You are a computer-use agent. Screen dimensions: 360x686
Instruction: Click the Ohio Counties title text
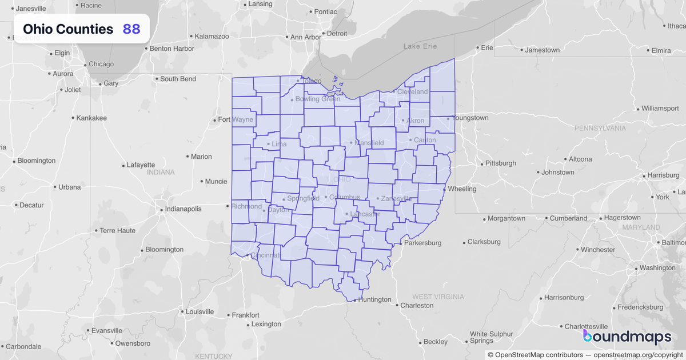[x=68, y=29]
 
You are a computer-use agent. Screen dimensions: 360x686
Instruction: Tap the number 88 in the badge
[x=131, y=29]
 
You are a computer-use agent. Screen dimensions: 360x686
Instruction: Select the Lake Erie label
[x=420, y=46]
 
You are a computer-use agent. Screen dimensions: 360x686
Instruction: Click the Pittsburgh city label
[x=500, y=163]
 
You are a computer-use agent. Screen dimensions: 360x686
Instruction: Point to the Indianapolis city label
[x=184, y=209]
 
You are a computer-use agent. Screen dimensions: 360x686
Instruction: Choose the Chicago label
[x=101, y=64]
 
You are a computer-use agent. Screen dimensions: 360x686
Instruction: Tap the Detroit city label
[x=337, y=33]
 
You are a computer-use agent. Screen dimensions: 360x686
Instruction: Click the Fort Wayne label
[x=236, y=119]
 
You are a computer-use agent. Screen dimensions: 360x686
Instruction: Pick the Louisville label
[x=200, y=312]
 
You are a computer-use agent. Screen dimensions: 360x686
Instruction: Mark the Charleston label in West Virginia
[x=417, y=305]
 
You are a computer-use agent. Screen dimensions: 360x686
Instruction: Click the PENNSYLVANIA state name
[x=600, y=128]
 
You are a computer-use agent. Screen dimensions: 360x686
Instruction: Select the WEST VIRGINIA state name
[x=438, y=297]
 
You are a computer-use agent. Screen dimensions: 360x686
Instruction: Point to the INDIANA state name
[x=161, y=172]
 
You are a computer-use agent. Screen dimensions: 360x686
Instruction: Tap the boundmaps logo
[x=627, y=337]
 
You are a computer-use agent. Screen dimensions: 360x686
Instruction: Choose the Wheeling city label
[x=462, y=189]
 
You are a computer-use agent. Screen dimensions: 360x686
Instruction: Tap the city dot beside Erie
[x=478, y=48]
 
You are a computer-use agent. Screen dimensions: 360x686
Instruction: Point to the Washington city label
[x=657, y=267]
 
